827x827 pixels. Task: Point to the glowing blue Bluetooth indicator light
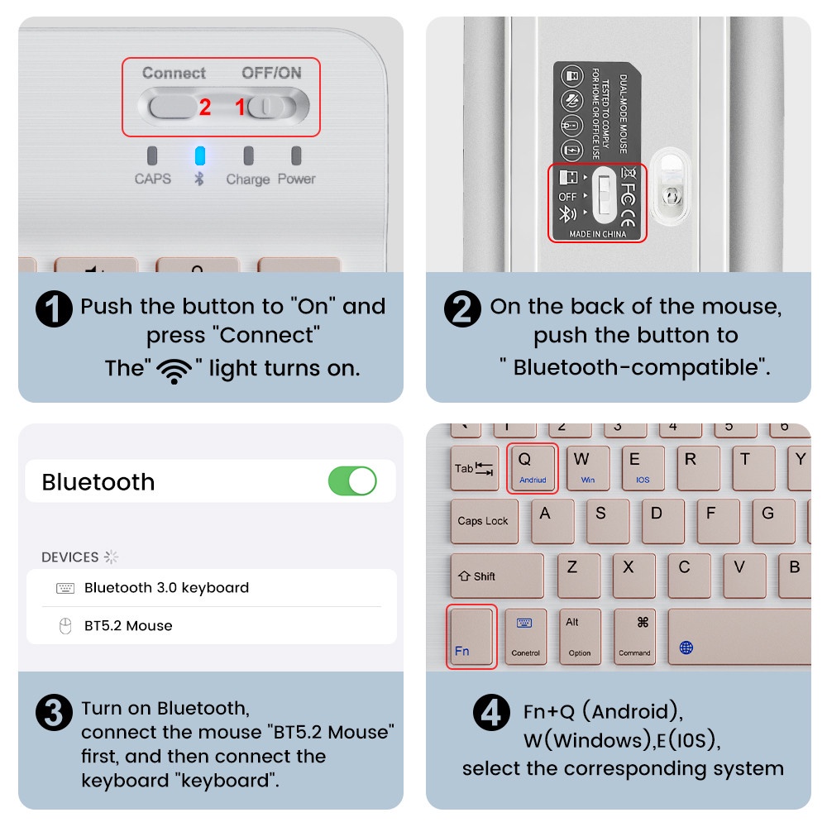tap(199, 156)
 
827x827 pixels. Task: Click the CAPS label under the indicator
tap(153, 179)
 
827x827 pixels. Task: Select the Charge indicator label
tap(248, 179)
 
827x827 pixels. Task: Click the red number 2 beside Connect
tap(205, 108)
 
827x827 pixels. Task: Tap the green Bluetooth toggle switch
tap(352, 480)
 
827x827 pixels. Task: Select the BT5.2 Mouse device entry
tap(128, 626)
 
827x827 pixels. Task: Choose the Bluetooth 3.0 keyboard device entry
tap(165, 588)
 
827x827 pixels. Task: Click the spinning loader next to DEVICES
tap(111, 557)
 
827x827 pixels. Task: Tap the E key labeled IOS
tap(642, 468)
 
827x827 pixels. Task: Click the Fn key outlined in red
tap(471, 636)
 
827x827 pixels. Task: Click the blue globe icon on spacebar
tap(686, 647)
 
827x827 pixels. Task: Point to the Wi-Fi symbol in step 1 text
tap(174, 370)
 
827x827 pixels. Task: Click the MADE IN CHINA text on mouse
tap(597, 234)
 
